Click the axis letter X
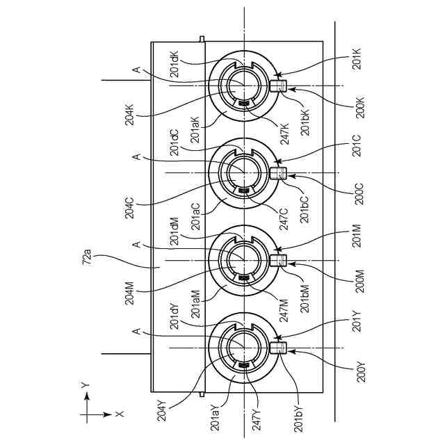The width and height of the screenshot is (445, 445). coord(120,414)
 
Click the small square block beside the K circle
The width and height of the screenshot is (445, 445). coord(277,86)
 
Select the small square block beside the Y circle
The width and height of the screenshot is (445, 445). coord(277,347)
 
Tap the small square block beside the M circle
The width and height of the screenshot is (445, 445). coord(277,260)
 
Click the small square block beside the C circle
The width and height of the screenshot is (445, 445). coord(277,172)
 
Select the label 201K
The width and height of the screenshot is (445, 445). coord(357,60)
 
